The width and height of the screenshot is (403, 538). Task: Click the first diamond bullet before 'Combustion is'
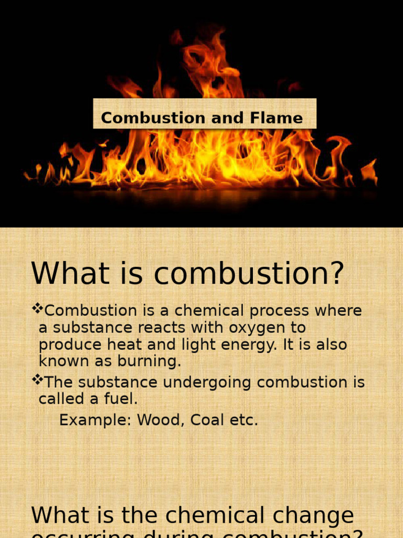(37, 309)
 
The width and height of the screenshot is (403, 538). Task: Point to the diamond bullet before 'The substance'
(37, 380)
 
